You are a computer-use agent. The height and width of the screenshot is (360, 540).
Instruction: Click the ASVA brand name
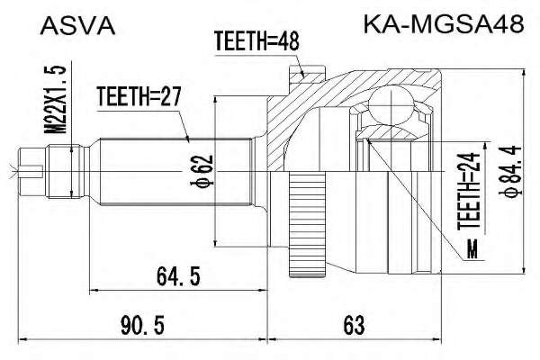coord(77,26)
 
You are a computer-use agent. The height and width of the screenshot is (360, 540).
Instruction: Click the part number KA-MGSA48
coord(444,24)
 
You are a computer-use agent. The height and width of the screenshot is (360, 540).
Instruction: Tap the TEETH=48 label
coord(256,41)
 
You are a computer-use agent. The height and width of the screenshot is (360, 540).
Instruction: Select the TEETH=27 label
coord(139,96)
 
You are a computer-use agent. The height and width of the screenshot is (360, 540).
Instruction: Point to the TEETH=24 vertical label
coord(469,191)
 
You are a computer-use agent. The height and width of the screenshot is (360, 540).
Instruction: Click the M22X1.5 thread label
coord(55,99)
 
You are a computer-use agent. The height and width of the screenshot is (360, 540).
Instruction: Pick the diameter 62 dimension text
coord(202,171)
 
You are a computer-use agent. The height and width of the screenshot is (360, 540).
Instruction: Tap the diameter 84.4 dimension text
coord(510,171)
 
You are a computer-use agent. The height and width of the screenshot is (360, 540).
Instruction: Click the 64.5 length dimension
coord(178,276)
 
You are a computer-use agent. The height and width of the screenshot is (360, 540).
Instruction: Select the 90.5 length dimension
coord(142,325)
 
